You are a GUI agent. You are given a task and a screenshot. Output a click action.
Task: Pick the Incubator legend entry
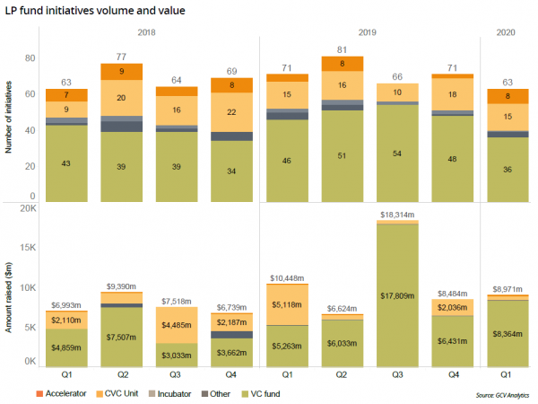[x=200, y=392]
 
